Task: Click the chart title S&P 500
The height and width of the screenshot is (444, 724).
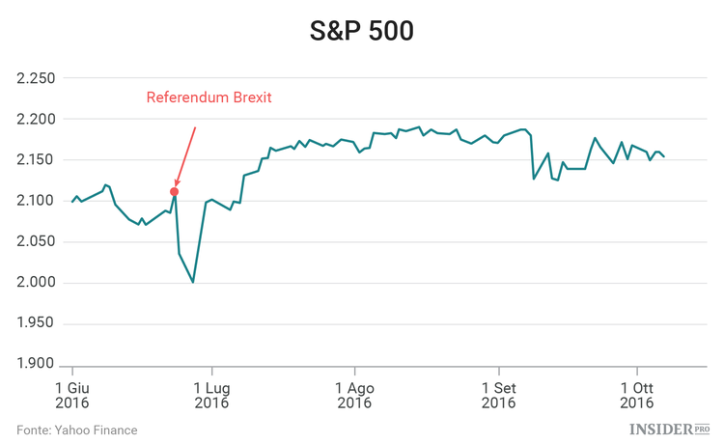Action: pyautogui.click(x=361, y=31)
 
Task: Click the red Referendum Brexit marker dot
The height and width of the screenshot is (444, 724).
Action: pyautogui.click(x=174, y=191)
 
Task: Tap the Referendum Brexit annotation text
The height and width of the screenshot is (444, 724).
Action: pyautogui.click(x=209, y=97)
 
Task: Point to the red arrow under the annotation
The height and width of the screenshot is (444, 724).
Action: pyautogui.click(x=185, y=154)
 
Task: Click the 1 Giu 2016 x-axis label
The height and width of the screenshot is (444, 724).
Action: pyautogui.click(x=72, y=395)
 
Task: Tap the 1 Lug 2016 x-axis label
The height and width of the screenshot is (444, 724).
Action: pyautogui.click(x=211, y=395)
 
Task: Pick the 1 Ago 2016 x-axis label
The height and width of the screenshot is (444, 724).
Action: pyautogui.click(x=354, y=395)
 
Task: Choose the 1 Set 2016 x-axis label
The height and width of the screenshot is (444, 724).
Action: pyautogui.click(x=498, y=395)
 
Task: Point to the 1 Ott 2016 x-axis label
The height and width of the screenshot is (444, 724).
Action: pyautogui.click(x=636, y=395)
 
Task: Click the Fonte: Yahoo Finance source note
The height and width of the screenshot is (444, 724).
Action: pyautogui.click(x=77, y=430)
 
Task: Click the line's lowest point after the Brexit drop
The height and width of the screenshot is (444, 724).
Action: pyautogui.click(x=193, y=281)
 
